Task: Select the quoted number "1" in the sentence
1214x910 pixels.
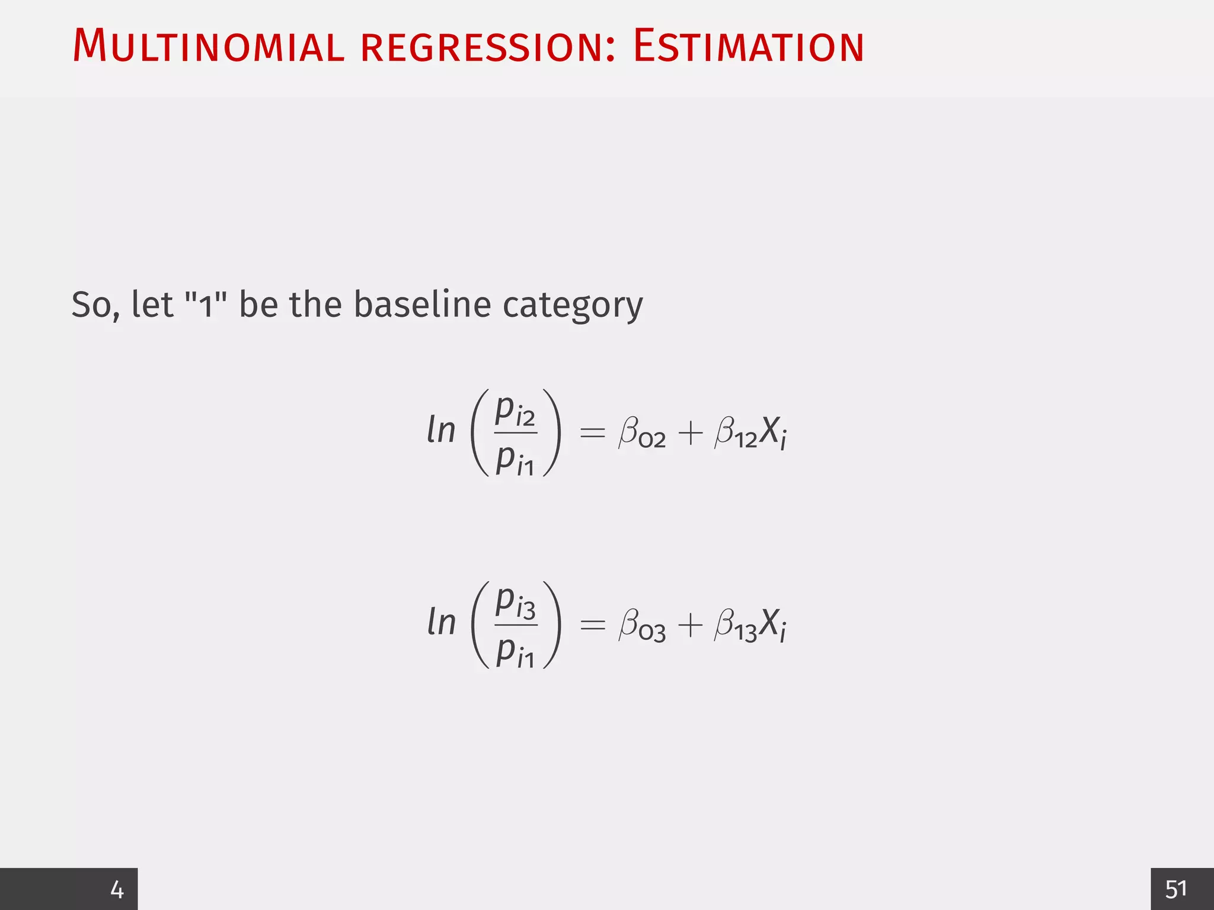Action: (x=206, y=305)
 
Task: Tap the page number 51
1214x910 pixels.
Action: (x=1176, y=889)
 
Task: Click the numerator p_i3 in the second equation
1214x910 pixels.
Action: (x=515, y=603)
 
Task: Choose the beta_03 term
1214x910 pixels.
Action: (x=641, y=626)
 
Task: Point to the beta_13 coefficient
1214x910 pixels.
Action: (x=736, y=626)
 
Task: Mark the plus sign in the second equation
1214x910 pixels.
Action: (x=690, y=625)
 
